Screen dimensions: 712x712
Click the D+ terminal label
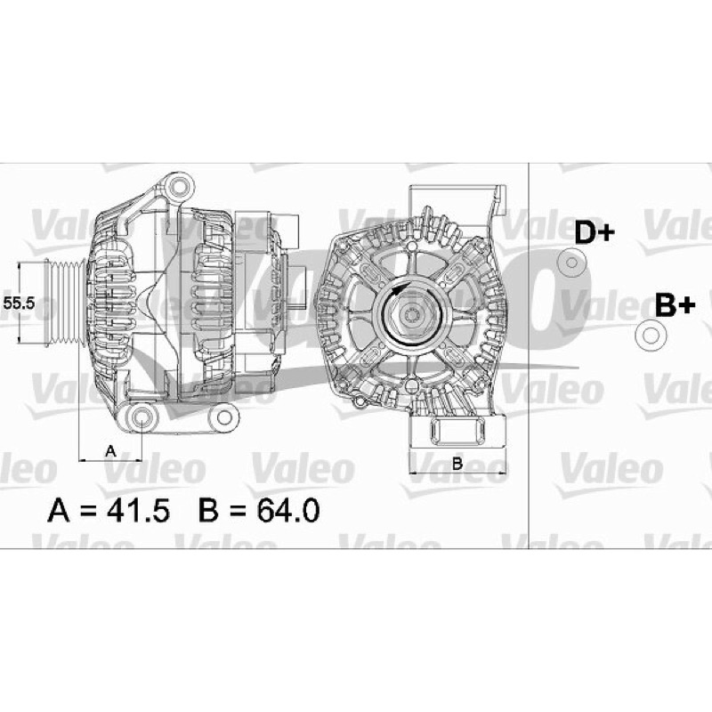coord(595,232)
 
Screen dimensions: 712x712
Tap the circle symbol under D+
coord(571,263)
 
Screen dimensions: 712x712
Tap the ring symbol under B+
coord(651,336)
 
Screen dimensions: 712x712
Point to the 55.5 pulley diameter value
coord(19,303)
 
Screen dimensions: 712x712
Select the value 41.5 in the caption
coord(138,510)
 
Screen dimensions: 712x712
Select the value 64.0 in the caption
coord(288,510)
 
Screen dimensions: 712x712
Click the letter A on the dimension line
coord(110,451)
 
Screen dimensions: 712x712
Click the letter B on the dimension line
coord(457,464)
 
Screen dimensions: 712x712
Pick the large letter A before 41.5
coord(59,510)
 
